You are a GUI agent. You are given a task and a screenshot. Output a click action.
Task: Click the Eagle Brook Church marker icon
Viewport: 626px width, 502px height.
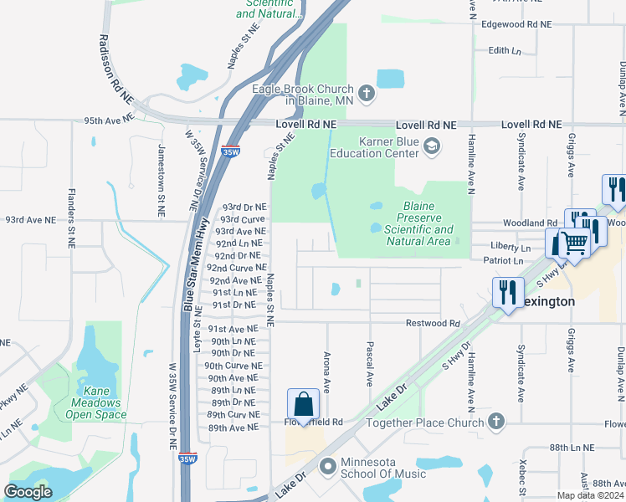click(366, 93)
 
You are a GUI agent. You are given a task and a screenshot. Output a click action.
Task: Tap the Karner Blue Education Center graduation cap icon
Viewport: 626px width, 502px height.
click(432, 146)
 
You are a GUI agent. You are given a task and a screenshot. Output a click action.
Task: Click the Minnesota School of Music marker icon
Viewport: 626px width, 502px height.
click(327, 465)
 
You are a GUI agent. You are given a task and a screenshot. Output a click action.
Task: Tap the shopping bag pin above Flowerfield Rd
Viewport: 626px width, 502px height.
click(303, 405)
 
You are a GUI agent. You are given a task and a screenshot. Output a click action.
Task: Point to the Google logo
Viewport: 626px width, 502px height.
click(28, 492)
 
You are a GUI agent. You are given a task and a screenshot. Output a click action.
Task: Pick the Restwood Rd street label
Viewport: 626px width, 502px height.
click(433, 323)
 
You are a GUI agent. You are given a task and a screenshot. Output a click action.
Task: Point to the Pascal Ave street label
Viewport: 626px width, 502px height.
click(368, 363)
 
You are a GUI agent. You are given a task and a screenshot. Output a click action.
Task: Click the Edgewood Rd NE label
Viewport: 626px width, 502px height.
click(516, 24)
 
